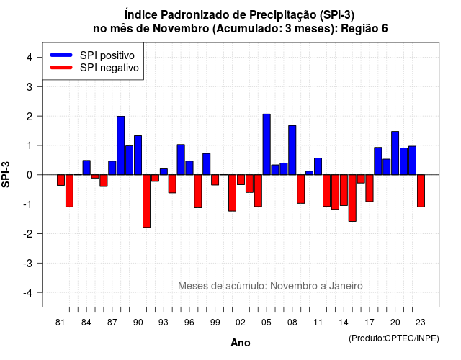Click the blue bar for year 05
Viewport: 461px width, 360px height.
pos(267,144)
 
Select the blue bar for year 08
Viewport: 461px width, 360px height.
pos(292,150)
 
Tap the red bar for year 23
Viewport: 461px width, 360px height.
pos(421,191)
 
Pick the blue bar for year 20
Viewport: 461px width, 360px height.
pos(395,153)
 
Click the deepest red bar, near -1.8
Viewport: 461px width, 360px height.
pos(146,201)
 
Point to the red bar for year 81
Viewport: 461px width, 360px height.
pos(61,180)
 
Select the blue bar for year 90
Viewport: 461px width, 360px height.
pos(138,156)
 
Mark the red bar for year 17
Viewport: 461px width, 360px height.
pos(370,188)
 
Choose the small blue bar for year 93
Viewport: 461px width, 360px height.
pos(164,171)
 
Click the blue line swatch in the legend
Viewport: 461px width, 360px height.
pos(61,55)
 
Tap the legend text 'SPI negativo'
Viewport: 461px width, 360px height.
pos(109,68)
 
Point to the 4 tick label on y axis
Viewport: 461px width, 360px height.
pos(30,58)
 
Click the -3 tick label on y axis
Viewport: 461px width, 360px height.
pos(28,264)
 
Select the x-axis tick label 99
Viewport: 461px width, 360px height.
pos(215,323)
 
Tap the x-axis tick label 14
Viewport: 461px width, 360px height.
pos(344,323)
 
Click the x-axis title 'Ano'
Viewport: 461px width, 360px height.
pos(241,343)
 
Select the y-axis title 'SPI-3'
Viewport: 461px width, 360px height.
pos(6,174)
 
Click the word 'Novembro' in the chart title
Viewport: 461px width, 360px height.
pos(181,29)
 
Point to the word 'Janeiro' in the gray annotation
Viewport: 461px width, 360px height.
pos(346,286)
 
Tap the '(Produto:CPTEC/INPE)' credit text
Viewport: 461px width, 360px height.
pos(394,338)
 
